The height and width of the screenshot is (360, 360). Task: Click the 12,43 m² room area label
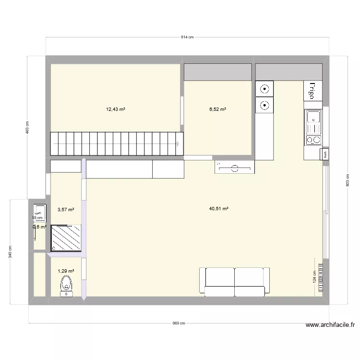[x=115, y=109]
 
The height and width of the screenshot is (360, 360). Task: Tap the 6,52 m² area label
[x=217, y=109]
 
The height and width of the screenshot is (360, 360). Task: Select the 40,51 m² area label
[x=218, y=209]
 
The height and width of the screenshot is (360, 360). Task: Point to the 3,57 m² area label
[x=66, y=209]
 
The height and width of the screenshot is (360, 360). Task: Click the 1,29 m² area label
[x=66, y=271]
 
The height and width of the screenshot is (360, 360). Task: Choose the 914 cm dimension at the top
[x=187, y=37]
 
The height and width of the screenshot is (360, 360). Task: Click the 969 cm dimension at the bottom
[x=179, y=324]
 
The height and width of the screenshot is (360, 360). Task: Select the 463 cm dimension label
[x=27, y=128]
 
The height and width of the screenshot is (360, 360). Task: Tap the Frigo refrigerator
[x=312, y=90]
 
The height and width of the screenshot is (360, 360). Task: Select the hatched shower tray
[x=66, y=237]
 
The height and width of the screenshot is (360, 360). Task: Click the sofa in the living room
[x=235, y=280]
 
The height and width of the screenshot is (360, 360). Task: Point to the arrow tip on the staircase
[x=179, y=143]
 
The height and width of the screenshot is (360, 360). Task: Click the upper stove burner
[x=264, y=88]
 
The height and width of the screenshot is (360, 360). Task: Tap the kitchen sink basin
[x=313, y=118]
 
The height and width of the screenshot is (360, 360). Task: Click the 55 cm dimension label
[x=37, y=217]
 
